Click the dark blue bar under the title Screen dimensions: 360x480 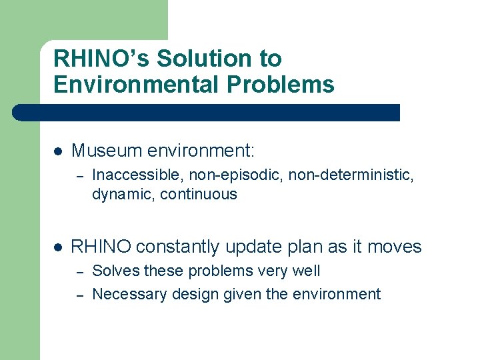[x=207, y=113]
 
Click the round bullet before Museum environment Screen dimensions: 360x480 [x=57, y=151]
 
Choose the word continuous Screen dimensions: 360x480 [x=199, y=195]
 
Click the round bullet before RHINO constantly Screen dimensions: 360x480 [x=57, y=247]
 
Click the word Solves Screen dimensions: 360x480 [x=116, y=271]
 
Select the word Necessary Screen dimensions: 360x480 [x=130, y=295]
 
